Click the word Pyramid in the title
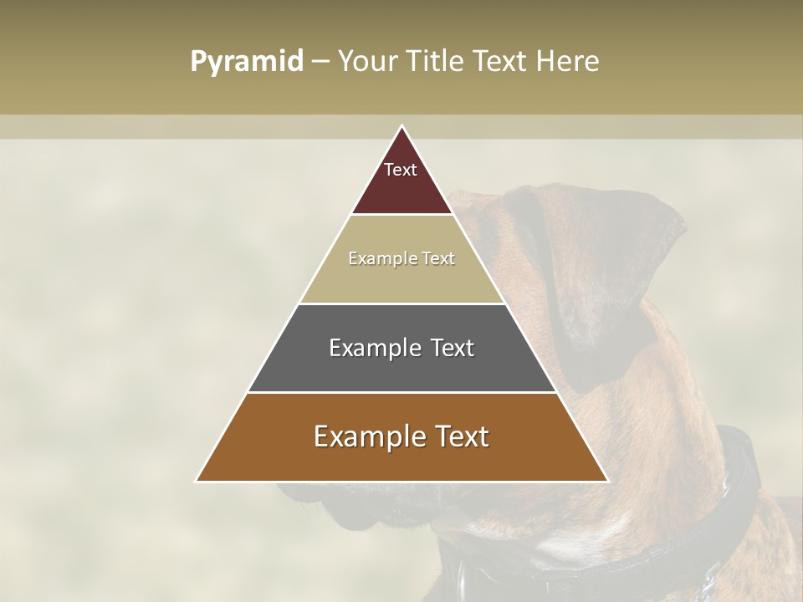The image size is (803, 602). coord(246,62)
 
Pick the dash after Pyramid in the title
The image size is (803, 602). coord(320,62)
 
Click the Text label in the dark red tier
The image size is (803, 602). coord(401,170)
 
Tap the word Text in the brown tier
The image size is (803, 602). coord(459,436)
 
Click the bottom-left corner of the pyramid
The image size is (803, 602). coord(197,481)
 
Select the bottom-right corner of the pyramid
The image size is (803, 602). coord(607,481)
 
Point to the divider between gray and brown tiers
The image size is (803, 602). coord(402,392)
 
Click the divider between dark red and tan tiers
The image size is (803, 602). coord(402,215)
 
